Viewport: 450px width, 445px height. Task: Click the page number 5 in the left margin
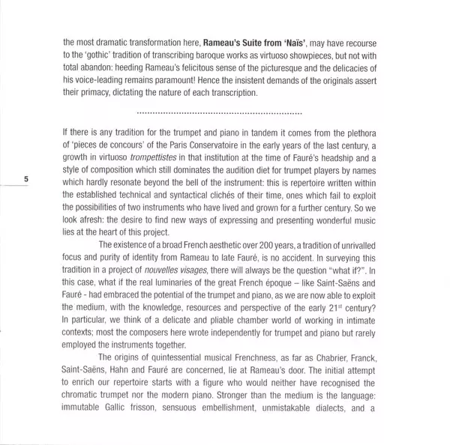(25, 179)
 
